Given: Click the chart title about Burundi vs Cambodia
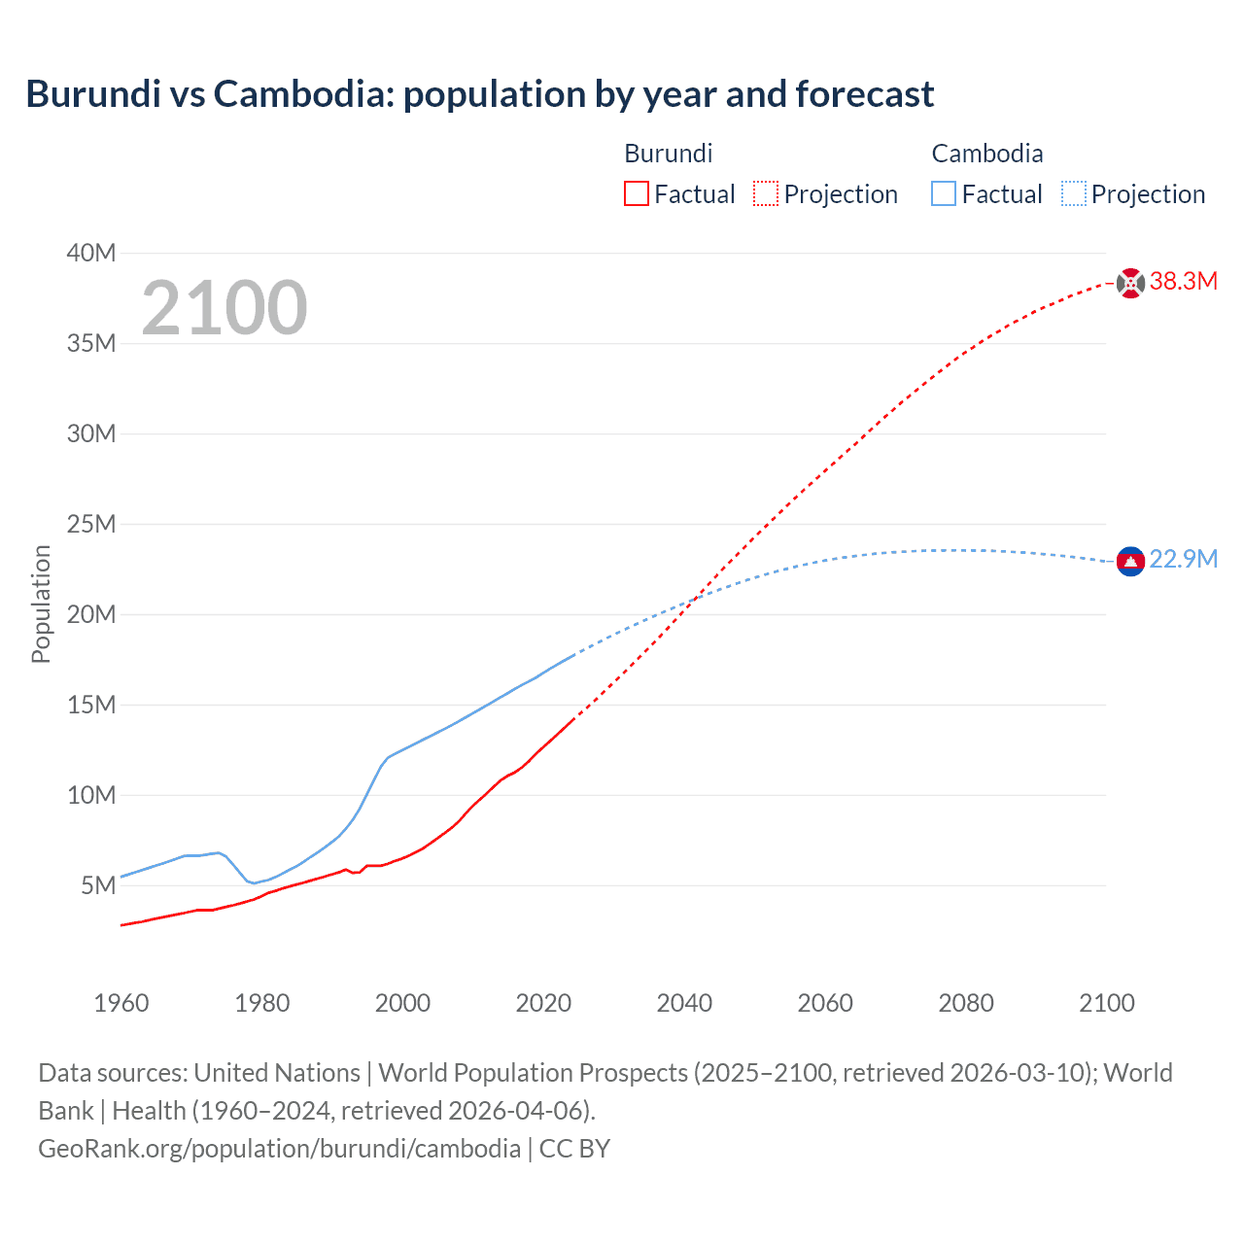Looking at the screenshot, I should (479, 94).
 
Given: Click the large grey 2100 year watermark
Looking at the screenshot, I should (225, 308).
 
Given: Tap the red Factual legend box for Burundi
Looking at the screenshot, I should (637, 194).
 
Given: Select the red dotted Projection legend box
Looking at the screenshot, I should (766, 194).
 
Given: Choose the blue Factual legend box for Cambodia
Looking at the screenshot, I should (944, 194).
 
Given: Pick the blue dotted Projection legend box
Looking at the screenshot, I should (1074, 194).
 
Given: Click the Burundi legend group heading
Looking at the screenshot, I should (668, 154).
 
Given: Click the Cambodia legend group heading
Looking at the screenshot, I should (986, 154).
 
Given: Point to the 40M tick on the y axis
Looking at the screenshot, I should (91, 253).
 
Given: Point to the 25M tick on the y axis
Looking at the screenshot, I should (91, 524).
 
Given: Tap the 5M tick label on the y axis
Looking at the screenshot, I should (98, 885).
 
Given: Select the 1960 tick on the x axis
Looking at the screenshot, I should (121, 1003).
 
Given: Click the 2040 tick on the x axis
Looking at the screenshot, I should (684, 1003).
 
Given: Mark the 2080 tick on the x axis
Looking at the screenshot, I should (966, 1003).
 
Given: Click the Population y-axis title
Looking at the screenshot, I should (41, 604).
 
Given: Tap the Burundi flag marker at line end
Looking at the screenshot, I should (1130, 283).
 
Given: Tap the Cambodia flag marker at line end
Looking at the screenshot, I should (1130, 562).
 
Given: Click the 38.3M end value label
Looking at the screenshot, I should (1183, 282).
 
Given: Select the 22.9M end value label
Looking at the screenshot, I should (1183, 560).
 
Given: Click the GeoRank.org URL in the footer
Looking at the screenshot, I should (279, 1149).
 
